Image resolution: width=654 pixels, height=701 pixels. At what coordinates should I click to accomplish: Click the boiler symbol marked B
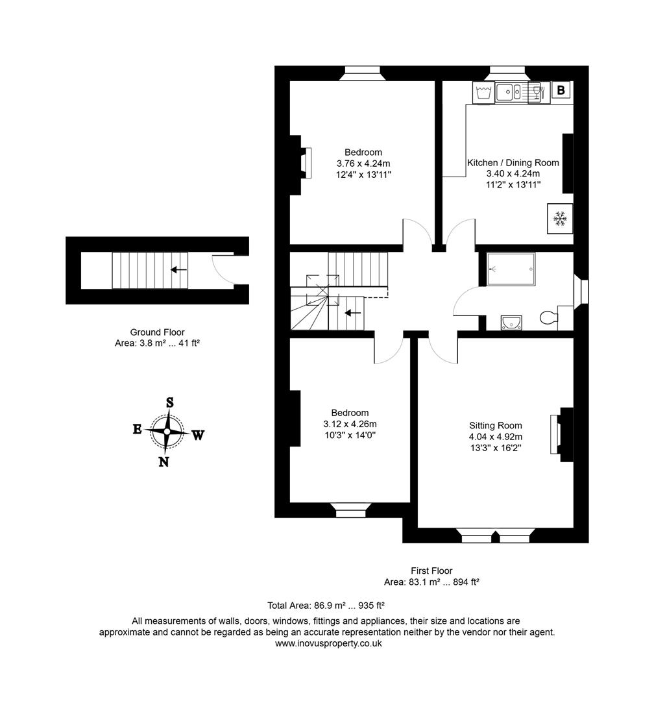(561, 90)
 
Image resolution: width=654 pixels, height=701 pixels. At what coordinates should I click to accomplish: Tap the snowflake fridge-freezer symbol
(559, 219)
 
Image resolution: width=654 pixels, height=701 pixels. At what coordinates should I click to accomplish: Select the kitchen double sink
(513, 92)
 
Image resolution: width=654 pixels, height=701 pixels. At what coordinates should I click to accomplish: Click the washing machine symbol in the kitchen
(482, 92)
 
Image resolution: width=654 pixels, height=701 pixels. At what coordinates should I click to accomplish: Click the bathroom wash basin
(512, 321)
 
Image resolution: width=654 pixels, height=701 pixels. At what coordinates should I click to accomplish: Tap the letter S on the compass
(170, 402)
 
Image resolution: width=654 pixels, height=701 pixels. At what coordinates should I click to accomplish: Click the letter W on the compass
(198, 436)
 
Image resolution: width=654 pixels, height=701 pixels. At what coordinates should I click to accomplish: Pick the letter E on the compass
(138, 428)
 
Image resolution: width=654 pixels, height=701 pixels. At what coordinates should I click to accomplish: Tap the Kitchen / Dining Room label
(513, 163)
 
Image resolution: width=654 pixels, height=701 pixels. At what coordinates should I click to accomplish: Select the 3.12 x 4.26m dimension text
(350, 424)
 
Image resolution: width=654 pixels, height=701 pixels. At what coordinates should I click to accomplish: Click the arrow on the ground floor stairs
(178, 269)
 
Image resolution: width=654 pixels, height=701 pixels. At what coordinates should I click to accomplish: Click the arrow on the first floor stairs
(352, 313)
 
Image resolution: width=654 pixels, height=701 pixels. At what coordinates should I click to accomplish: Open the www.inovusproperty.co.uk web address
(328, 643)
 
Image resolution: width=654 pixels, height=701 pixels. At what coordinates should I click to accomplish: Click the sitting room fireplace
(557, 434)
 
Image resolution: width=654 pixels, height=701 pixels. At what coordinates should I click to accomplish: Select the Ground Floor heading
(156, 332)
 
